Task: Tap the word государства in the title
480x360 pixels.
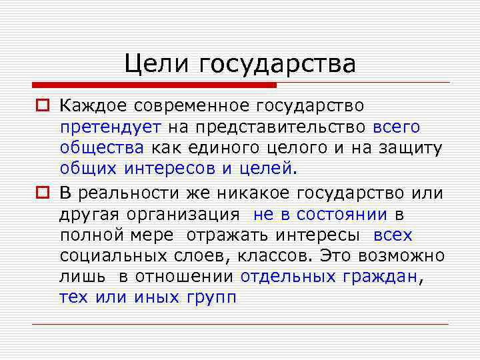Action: click(x=276, y=65)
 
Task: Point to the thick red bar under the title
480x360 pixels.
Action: click(x=153, y=85)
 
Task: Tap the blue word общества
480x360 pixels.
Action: click(x=101, y=148)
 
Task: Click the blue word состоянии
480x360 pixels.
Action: click(x=342, y=214)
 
